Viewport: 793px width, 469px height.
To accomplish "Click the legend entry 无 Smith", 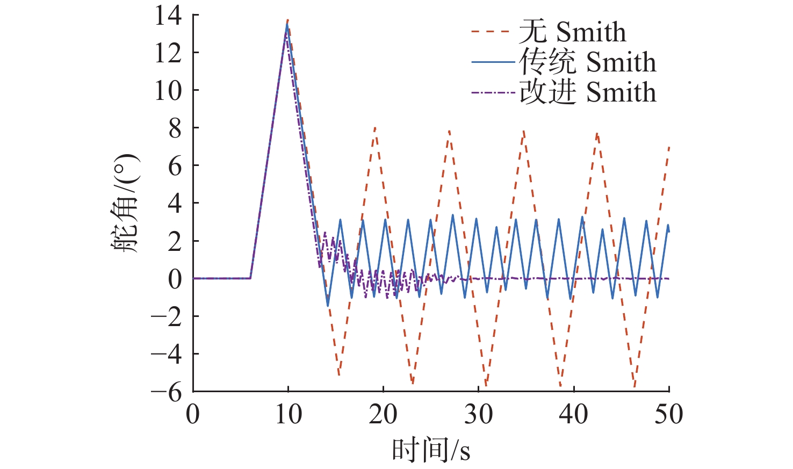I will (x=572, y=32).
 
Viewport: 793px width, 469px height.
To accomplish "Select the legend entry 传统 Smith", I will (x=587, y=62).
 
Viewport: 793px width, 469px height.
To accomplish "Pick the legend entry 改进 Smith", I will (x=587, y=92).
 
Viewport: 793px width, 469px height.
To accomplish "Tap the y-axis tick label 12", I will (x=168, y=53).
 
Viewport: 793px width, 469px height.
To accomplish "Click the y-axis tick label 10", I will (x=168, y=90).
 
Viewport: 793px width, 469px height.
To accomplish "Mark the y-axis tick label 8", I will (x=175, y=128).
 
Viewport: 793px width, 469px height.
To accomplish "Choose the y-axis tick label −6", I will (x=167, y=392).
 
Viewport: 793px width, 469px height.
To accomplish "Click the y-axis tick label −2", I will (x=167, y=316).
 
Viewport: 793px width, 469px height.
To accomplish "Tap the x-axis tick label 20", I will (x=383, y=415).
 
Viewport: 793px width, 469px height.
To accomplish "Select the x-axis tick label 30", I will (x=478, y=415).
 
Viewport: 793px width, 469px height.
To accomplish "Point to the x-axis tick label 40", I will (x=573, y=415).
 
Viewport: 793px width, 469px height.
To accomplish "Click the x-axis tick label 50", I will (x=668, y=415).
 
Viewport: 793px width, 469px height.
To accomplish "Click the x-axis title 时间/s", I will (x=431, y=449).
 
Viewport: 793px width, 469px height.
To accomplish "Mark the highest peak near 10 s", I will (x=288, y=20).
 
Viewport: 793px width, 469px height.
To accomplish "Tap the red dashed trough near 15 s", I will (x=338, y=375).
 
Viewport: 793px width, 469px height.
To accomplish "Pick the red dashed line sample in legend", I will (x=490, y=32).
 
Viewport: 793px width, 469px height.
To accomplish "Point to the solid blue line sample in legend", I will (x=493, y=62).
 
